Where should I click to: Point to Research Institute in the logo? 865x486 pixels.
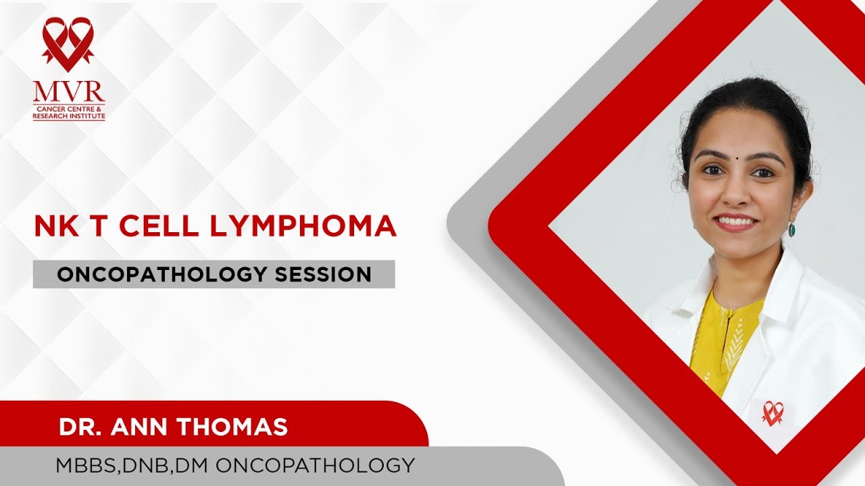(x=69, y=116)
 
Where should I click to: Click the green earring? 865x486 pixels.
(x=791, y=230)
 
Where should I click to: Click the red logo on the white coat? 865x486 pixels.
(x=772, y=413)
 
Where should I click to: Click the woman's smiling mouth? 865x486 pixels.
(x=736, y=221)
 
